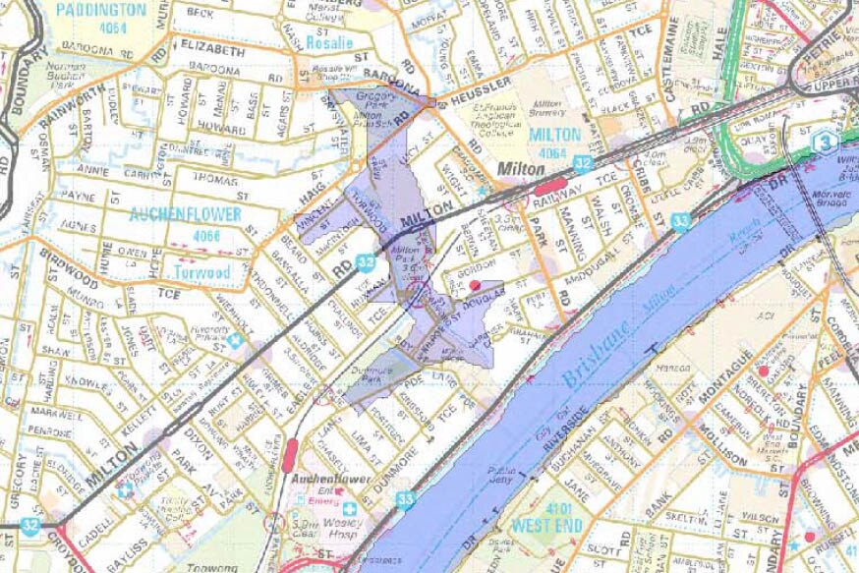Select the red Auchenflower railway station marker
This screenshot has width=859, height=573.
coord(290,455)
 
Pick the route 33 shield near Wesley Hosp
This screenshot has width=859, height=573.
coord(406,499)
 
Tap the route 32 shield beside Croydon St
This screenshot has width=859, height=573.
coord(31,527)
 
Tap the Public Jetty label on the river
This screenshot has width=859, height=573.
coord(502,476)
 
